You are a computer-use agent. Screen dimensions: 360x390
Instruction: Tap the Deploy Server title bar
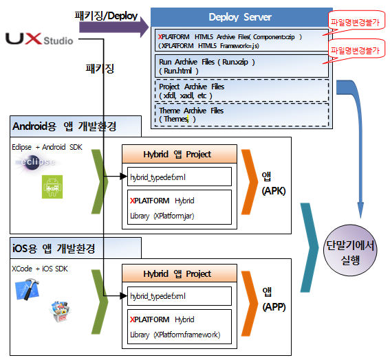pyautogui.click(x=241, y=16)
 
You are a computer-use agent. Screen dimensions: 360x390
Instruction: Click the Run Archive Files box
pyautogui.click(x=241, y=66)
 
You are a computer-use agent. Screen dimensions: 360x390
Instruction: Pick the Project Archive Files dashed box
pyautogui.click(x=241, y=91)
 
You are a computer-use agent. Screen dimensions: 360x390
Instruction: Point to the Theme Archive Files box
pyautogui.click(x=241, y=114)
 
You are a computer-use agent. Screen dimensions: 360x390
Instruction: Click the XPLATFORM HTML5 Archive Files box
pyautogui.click(x=241, y=40)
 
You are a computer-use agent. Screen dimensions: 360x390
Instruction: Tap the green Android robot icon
pyautogui.click(x=50, y=185)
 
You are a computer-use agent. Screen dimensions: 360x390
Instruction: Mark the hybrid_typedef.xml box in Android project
pyautogui.click(x=180, y=177)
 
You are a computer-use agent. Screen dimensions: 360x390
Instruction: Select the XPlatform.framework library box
pyautogui.click(x=180, y=327)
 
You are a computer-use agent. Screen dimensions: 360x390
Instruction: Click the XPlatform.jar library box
pyautogui.click(x=180, y=207)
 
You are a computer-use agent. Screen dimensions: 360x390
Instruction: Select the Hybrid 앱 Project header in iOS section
pyautogui.click(x=180, y=273)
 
